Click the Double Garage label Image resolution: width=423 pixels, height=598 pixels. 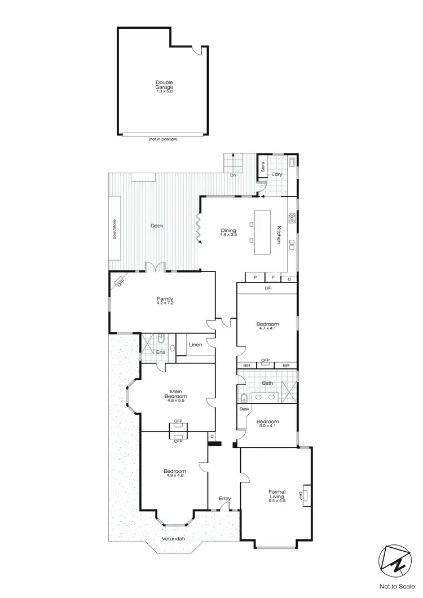click(164, 85)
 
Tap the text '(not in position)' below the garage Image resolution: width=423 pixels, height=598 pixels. click(162, 139)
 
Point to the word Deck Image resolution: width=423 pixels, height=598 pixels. click(157, 226)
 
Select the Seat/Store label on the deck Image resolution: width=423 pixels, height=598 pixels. click(114, 228)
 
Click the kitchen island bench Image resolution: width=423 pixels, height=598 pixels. click(263, 232)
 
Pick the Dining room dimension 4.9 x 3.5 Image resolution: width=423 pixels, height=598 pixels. click(228, 234)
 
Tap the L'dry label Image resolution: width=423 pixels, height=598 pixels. click(276, 174)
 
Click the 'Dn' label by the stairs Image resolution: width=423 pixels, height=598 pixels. click(232, 175)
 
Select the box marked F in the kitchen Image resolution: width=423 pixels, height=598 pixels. click(273, 278)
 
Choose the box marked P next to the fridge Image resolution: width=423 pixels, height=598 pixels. click(255, 278)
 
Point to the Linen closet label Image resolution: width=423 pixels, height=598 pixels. click(195, 345)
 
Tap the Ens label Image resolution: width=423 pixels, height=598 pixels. click(160, 353)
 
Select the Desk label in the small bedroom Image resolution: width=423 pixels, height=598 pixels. click(245, 409)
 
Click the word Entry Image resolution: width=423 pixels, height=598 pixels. click(225, 498)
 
